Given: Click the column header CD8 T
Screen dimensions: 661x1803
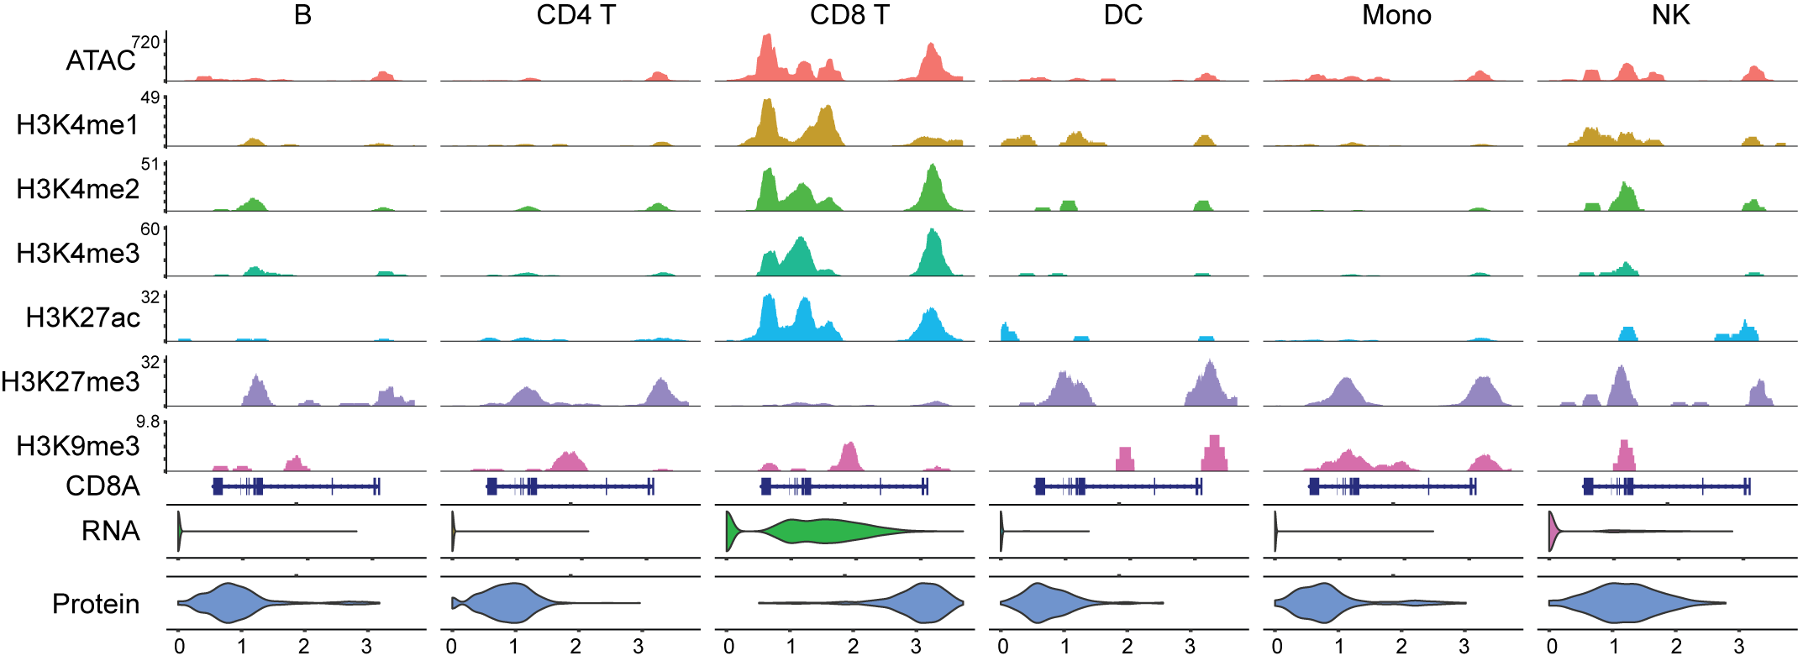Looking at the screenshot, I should pos(849,15).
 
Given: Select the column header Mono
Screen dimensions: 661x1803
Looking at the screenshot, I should pos(1396,15).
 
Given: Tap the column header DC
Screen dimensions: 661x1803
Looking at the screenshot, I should pos(1122,15).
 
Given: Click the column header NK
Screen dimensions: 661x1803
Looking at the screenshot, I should pos(1670,15).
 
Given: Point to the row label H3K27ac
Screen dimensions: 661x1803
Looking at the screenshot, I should pos(82,317).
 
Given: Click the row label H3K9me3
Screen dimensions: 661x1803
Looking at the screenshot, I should pos(77,446).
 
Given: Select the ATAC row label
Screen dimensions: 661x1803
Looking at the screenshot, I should pos(100,60).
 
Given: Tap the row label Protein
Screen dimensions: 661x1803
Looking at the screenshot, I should pos(96,604).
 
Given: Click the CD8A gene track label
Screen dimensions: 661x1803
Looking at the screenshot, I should pos(103,486).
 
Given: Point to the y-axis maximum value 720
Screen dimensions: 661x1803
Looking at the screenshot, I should pos(145,42).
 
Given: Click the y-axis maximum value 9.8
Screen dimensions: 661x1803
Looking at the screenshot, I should pos(148,422).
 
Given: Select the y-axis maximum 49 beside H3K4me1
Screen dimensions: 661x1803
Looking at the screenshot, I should pos(150,98).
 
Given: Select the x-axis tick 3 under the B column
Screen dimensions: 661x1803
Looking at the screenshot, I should pos(366,647).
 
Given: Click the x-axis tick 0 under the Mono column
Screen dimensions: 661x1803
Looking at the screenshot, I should pos(1276,647).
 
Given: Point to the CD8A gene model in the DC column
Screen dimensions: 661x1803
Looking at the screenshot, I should pos(1117,486).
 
